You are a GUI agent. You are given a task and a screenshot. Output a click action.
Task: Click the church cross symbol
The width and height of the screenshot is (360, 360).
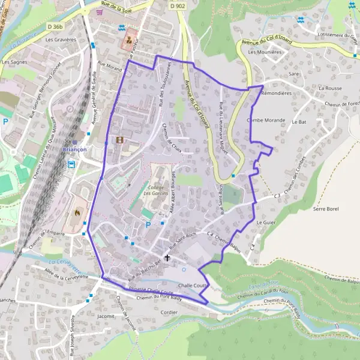pyautogui.click(x=167, y=257)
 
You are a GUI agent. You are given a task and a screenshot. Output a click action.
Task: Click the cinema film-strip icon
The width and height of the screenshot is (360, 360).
pyautogui.click(x=119, y=140)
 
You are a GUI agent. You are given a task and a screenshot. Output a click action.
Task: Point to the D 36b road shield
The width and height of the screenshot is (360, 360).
pyautogui.click(x=55, y=26)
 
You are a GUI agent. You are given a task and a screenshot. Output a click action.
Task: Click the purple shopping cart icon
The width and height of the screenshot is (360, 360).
pyautogui.click(x=107, y=13)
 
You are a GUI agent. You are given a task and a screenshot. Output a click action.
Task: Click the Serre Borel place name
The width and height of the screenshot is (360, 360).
pyautogui.click(x=326, y=209)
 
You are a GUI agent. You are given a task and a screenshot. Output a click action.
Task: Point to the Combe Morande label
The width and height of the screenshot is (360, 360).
pyautogui.click(x=266, y=119)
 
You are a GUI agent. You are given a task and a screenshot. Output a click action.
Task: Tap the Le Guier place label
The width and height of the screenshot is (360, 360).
pyautogui.click(x=265, y=223)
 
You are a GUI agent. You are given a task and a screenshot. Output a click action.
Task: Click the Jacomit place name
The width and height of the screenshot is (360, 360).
pyautogui.click(x=105, y=316)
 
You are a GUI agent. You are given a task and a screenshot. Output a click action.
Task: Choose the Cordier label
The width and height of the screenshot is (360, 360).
pyautogui.click(x=170, y=313)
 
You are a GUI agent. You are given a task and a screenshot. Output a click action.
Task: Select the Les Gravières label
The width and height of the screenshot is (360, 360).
pyautogui.click(x=61, y=40)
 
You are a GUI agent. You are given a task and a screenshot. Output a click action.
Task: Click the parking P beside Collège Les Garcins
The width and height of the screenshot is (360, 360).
pyautogui.click(x=148, y=225)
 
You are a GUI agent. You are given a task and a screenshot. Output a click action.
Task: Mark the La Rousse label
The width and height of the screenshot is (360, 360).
pyautogui.click(x=330, y=88)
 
